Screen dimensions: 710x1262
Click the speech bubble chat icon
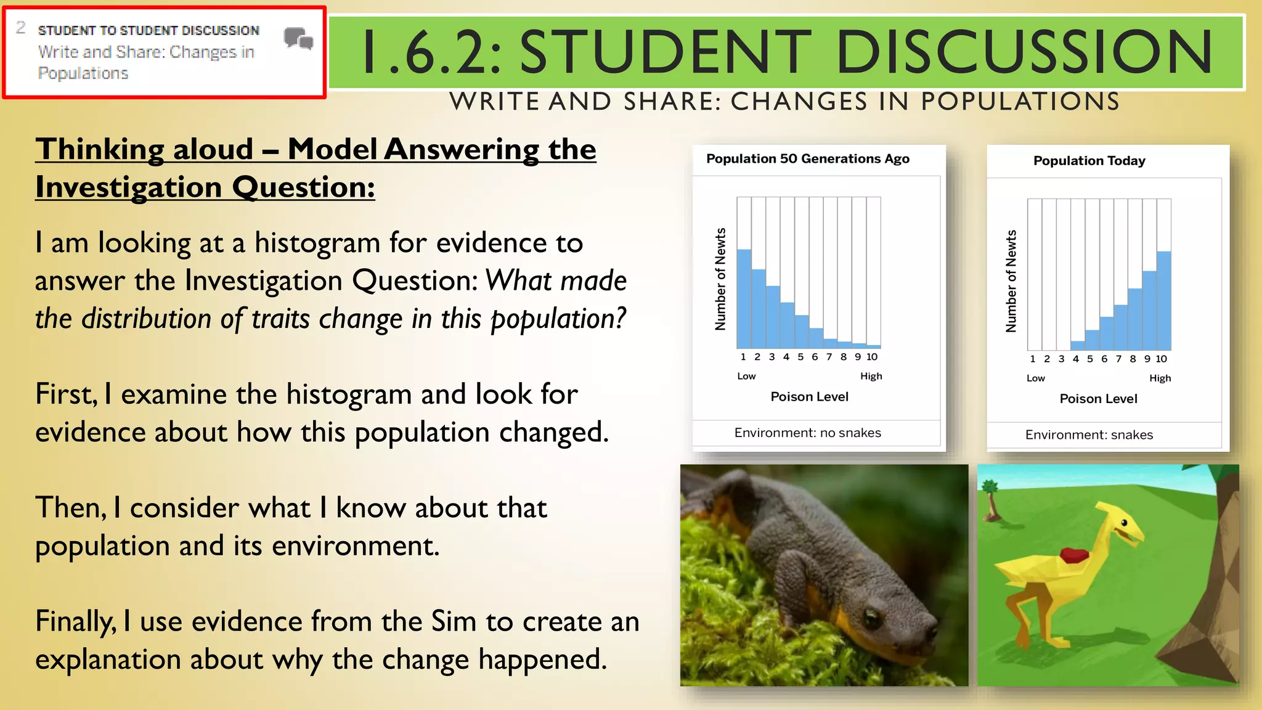point(299,39)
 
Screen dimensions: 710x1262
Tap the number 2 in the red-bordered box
point(21,28)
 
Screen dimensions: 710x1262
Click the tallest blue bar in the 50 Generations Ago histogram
point(744,298)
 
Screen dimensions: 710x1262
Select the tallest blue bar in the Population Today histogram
point(1163,300)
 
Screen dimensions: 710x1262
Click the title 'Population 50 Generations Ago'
point(807,159)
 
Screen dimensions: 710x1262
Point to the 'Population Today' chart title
point(1089,161)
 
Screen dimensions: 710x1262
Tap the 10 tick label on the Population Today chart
point(1161,359)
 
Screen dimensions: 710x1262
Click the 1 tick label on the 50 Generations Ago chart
point(743,357)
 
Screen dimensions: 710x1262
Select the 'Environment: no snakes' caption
point(807,433)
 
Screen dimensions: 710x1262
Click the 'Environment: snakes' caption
point(1089,435)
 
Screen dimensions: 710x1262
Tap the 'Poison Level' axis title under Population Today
point(1098,399)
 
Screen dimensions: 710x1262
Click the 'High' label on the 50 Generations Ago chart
point(871,376)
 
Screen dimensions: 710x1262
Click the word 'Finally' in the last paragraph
point(75,621)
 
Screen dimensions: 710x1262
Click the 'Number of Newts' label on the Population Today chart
point(1011,281)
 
